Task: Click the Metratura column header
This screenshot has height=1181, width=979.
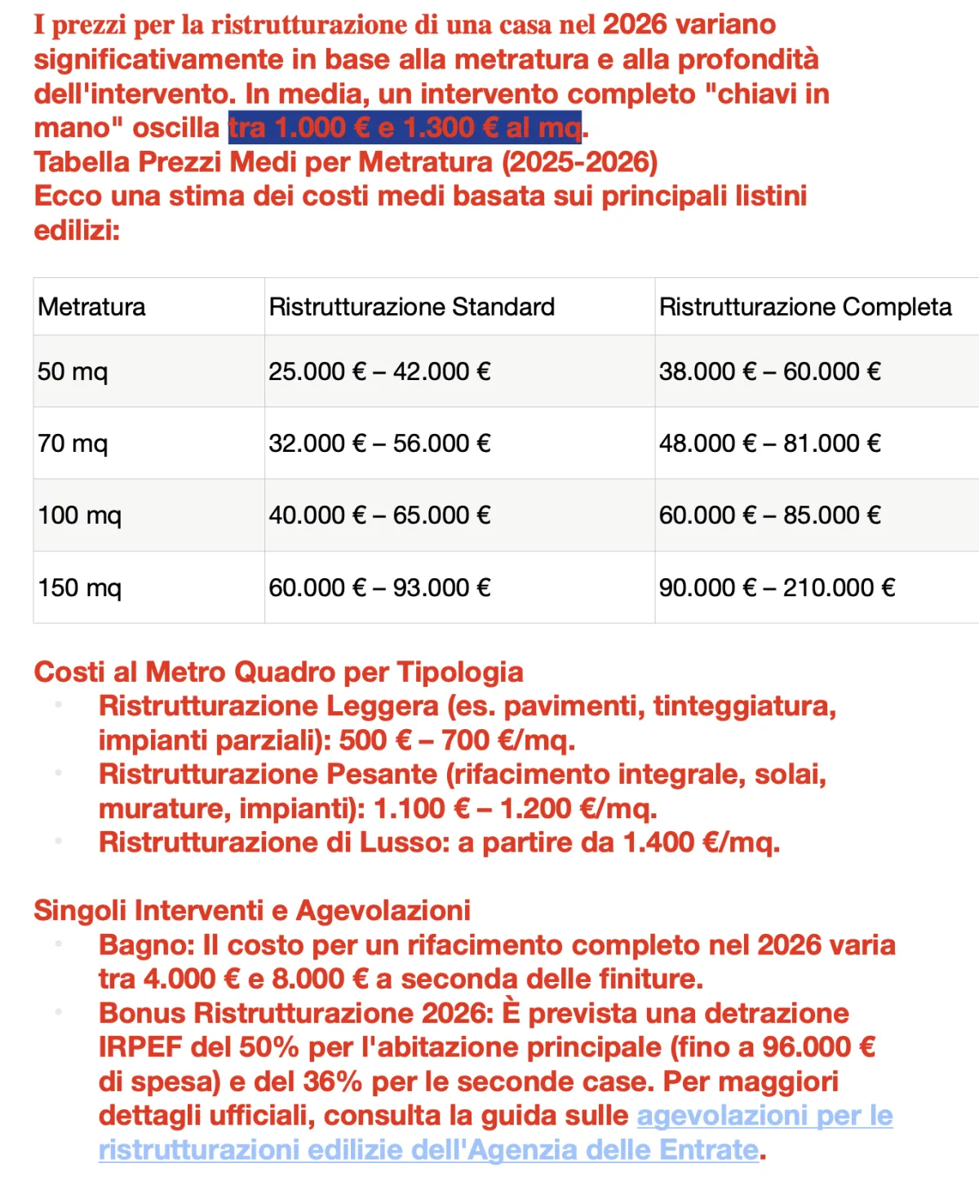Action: click(91, 307)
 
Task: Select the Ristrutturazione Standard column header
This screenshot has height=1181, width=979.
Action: click(411, 307)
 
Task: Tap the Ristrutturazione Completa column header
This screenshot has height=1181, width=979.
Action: click(804, 307)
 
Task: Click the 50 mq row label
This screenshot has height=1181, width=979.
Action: click(73, 372)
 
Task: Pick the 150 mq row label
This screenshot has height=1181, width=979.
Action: click(79, 588)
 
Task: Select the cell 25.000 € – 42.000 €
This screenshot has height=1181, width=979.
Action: click(379, 372)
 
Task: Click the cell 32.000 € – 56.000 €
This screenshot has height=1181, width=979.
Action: click(379, 444)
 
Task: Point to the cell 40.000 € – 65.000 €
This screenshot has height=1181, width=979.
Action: click(379, 515)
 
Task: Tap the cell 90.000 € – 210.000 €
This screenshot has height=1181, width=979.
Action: click(777, 588)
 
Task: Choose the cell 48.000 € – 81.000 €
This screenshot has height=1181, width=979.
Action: click(769, 444)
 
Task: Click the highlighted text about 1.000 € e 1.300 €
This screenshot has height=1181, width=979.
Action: click(405, 128)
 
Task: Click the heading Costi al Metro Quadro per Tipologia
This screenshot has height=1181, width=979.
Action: click(278, 672)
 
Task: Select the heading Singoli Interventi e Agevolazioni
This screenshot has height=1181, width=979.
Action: click(252, 910)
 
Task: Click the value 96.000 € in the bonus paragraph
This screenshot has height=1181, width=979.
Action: click(818, 1047)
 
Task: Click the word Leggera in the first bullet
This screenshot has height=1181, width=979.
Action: click(382, 706)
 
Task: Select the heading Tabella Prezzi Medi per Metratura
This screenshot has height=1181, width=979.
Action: click(345, 162)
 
